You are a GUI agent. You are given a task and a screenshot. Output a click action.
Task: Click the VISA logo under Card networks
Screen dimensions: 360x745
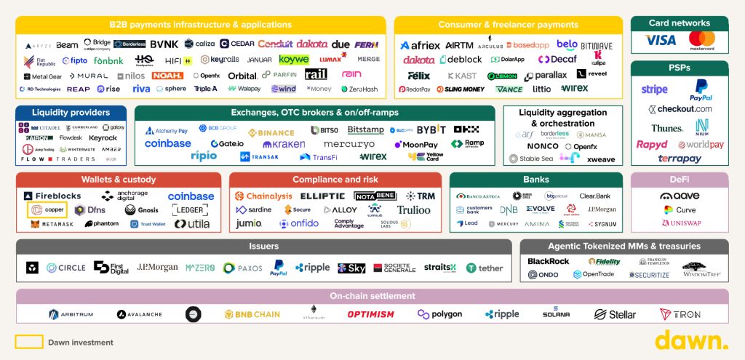[660, 41]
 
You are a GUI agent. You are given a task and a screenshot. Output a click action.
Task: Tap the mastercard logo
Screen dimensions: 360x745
[701, 41]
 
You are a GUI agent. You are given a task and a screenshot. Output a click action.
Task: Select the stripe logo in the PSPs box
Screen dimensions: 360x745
[654, 90]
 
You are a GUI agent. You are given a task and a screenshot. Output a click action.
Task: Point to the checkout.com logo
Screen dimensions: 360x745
[680, 109]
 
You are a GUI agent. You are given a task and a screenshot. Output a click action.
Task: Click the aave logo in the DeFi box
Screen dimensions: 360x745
[680, 196]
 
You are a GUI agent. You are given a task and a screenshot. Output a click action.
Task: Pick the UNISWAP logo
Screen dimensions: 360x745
[680, 223]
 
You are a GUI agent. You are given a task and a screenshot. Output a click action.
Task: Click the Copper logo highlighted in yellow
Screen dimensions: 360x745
[47, 210]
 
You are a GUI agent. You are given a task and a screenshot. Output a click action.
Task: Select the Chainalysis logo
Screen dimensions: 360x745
[263, 196]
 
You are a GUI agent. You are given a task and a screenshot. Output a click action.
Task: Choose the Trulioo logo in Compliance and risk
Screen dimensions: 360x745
[413, 210]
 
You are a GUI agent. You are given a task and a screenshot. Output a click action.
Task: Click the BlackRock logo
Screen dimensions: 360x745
[549, 261]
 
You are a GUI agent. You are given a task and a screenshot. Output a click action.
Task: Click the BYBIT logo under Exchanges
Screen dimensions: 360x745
[431, 130]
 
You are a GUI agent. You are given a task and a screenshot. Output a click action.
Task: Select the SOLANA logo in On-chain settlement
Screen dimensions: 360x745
[556, 313]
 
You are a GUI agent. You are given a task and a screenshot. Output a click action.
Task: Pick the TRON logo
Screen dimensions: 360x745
[680, 314]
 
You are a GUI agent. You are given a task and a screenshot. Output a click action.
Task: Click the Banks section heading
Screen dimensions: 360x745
[535, 180]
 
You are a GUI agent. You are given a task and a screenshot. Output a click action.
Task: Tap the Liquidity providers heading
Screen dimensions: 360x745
[71, 113]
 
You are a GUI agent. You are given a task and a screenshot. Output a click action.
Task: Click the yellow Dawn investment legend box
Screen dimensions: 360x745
[28, 342]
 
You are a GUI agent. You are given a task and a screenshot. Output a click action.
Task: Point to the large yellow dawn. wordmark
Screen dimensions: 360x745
[690, 340]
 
